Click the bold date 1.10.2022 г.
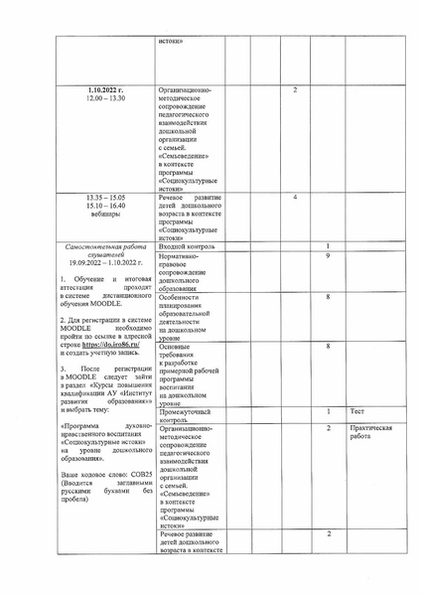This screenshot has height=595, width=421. click(x=104, y=91)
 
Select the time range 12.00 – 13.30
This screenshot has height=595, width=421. click(x=104, y=100)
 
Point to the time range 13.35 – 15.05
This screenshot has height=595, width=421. click(x=104, y=198)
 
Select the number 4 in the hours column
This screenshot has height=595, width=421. click(x=296, y=198)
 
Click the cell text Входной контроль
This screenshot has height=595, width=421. click(x=187, y=246)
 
